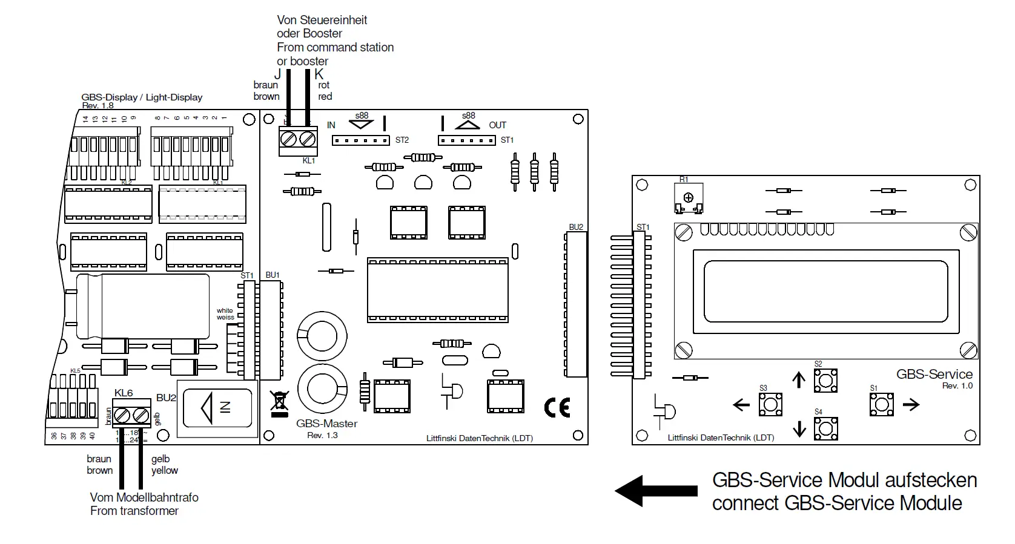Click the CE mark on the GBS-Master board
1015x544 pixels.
[557, 408]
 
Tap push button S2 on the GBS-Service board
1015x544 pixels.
[825, 381]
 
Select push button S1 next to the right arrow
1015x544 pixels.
[881, 404]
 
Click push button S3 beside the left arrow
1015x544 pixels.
[770, 404]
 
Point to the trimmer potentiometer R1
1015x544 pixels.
[688, 198]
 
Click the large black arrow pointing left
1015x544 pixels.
[655, 490]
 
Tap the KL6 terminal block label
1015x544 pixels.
[124, 393]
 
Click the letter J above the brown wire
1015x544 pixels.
[278, 74]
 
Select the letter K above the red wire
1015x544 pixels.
[319, 74]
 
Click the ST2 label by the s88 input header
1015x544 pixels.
[402, 140]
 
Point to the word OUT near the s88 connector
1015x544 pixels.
[497, 125]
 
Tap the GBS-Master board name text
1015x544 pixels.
[326, 424]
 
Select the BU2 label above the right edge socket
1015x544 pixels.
[576, 227]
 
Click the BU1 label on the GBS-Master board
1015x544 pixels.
[273, 275]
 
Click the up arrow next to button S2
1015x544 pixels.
[799, 380]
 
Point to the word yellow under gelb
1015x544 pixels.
[165, 470]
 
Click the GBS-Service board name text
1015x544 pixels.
[934, 374]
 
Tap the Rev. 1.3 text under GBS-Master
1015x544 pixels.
[322, 435]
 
